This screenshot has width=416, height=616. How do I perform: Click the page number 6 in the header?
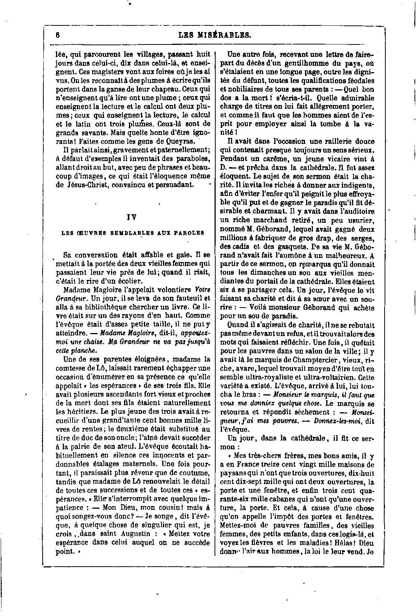pyautogui.click(x=58, y=35)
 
